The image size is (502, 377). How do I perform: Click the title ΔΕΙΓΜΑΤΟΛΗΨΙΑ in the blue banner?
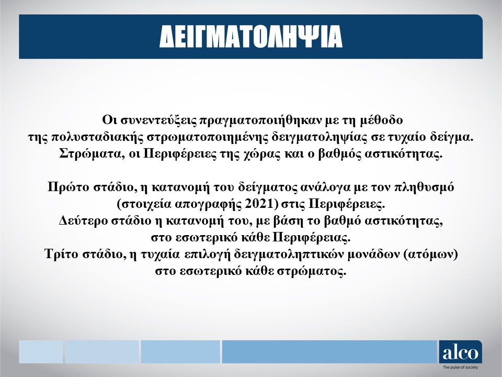[251, 37]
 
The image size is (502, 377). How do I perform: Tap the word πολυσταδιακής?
[96, 137]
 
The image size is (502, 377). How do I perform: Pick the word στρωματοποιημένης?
[208, 137]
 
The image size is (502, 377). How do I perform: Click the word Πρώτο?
[69, 187]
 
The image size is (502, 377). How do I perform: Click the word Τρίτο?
[62, 254]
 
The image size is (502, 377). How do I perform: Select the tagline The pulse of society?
[460, 368]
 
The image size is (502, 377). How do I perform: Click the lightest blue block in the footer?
[41, 352]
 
